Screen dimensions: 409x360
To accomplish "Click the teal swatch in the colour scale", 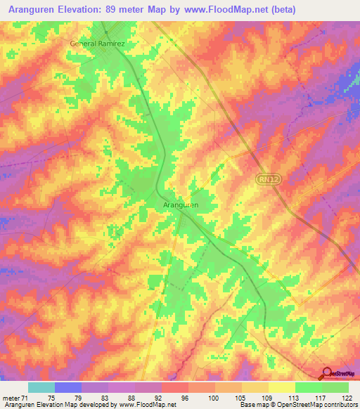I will (x=41, y=387).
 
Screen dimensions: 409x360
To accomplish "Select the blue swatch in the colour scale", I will (x=68, y=387).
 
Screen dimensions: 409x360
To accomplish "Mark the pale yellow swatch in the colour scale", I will (x=282, y=387).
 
